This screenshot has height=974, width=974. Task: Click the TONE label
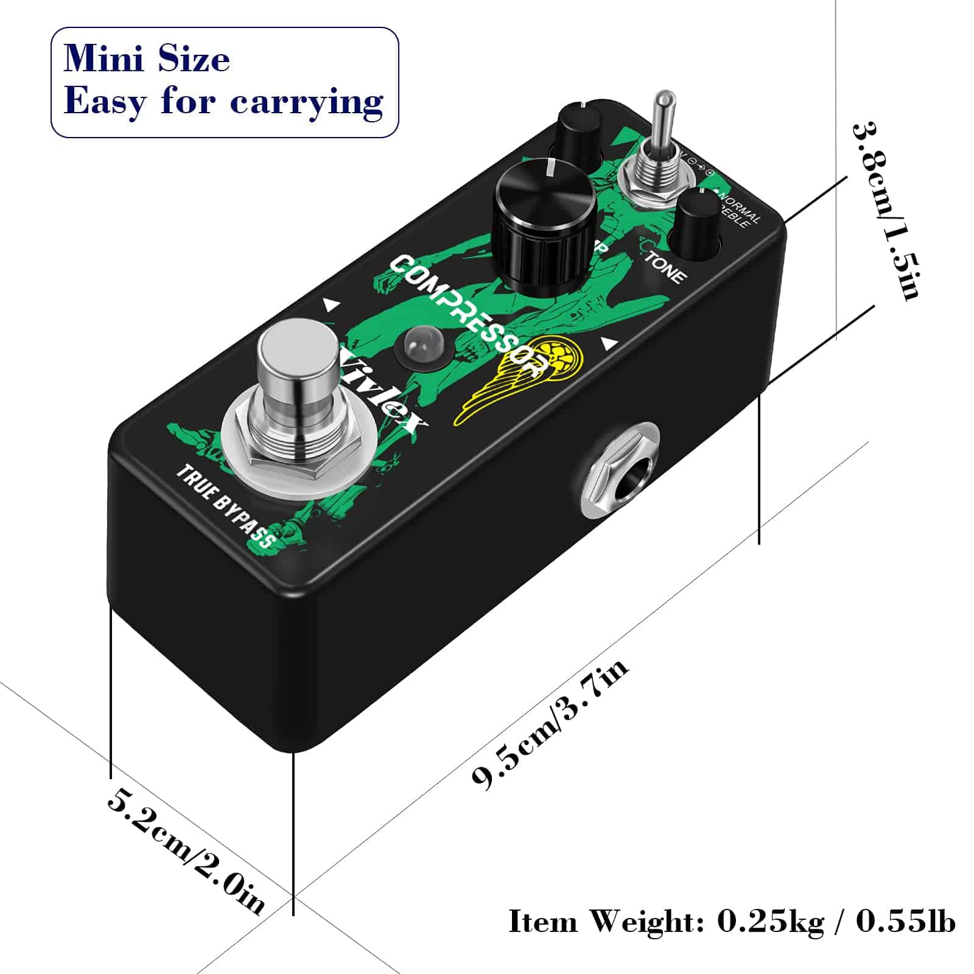(665, 267)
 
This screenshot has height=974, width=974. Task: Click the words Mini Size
(147, 59)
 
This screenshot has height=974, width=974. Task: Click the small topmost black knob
(579, 131)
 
